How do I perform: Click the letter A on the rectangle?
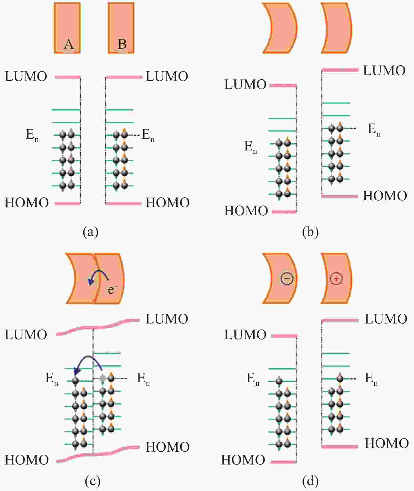coord(69,44)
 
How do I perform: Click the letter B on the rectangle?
coord(122,44)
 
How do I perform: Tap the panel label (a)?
coord(90,232)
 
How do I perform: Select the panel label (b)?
coord(310,232)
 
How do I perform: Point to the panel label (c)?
coord(93,482)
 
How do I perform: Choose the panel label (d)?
coord(310,482)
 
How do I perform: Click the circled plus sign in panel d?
coord(336,279)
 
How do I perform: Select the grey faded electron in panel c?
coord(103,378)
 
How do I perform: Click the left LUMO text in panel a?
coord(26,76)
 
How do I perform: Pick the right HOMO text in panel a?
coord(168,203)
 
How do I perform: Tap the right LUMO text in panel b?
coord(384,71)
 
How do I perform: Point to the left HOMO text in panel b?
coord(246,211)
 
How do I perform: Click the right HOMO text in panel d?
coord(387,443)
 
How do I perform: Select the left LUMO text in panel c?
coord(26,335)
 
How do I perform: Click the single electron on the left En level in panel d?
coord(279,381)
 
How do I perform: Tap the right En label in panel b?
coord(374,130)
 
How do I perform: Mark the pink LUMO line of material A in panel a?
coord(68,77)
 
